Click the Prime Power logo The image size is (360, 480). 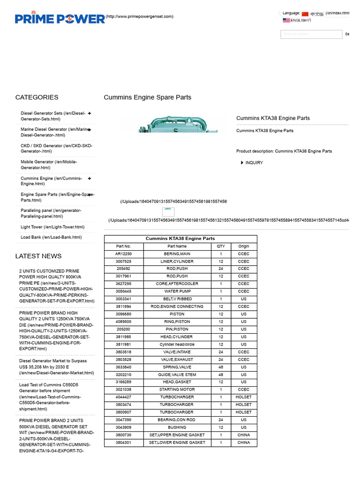(x=60, y=18)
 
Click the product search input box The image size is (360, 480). (x=311, y=34)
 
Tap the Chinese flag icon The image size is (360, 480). (x=305, y=14)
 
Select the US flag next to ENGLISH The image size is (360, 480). (x=286, y=20)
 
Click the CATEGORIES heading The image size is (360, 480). (x=37, y=97)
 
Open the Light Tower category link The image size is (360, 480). (x=52, y=227)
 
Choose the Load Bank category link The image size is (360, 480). (x=51, y=238)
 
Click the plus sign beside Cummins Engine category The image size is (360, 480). (x=89, y=179)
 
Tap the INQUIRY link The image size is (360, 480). (x=254, y=163)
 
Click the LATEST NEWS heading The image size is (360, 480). (x=38, y=256)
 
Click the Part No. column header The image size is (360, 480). (x=123, y=246)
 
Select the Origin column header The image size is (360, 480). (x=244, y=246)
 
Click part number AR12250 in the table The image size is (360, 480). (x=123, y=254)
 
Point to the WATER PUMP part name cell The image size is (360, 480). (x=173, y=291)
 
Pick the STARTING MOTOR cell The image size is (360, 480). (x=173, y=390)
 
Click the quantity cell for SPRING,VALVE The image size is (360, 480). (x=220, y=367)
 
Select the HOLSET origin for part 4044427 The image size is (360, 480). (x=244, y=397)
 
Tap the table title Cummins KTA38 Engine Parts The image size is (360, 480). (x=180, y=239)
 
